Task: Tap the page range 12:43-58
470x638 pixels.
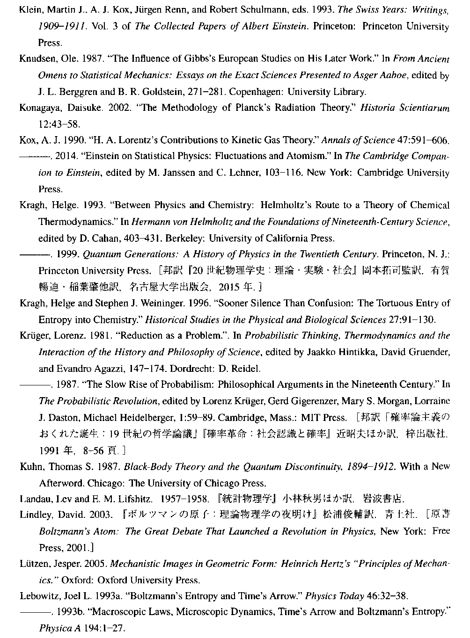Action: (x=59, y=124)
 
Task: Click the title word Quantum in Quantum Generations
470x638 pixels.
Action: (x=102, y=254)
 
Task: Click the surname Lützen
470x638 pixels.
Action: (x=34, y=564)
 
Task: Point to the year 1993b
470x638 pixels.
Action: (x=68, y=612)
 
